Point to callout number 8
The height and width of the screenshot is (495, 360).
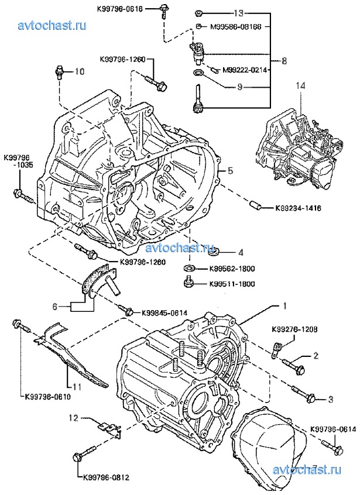coord(284,60)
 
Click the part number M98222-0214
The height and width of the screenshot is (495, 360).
coord(245,70)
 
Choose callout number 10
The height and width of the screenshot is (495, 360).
coord(80,72)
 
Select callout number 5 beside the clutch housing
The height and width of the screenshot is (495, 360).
coord(231,170)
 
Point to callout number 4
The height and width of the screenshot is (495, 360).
coord(241,253)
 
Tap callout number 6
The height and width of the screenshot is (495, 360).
coord(56,305)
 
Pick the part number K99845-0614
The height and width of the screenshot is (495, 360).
coord(164,312)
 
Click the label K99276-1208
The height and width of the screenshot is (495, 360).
coord(294,329)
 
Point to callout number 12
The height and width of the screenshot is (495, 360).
coord(74,418)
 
